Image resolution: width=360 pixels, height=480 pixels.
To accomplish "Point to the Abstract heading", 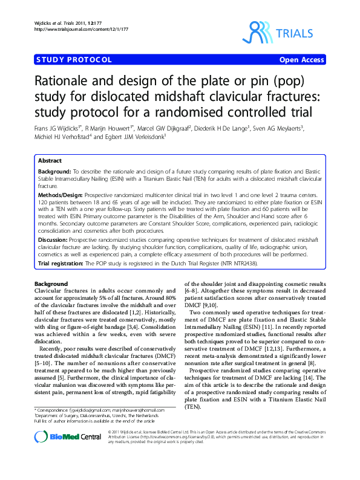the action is [x=50, y=161].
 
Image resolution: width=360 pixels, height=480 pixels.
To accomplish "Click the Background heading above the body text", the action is [x=51, y=284].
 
